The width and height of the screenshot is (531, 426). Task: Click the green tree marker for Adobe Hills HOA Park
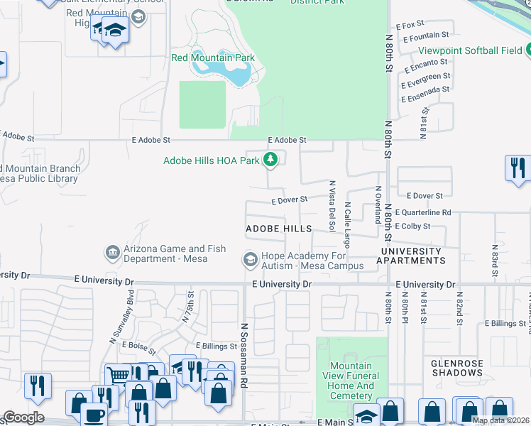click(270, 160)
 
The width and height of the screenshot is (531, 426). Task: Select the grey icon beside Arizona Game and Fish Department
click(111, 253)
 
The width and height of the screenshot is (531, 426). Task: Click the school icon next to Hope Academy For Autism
click(250, 261)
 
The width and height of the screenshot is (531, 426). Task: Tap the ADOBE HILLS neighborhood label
click(278, 229)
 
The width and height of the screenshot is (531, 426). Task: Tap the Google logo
click(23, 417)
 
